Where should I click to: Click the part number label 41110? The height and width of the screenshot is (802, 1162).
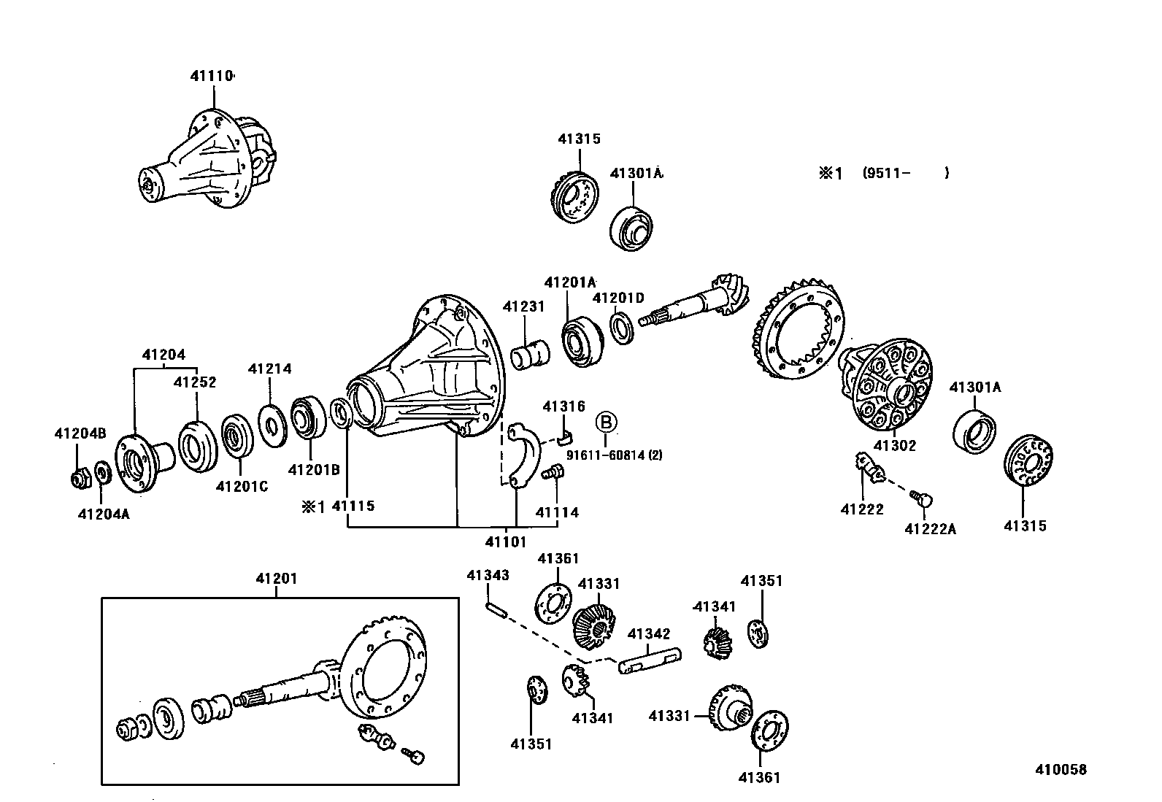pyautogui.click(x=212, y=75)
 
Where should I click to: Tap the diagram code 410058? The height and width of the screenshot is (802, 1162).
pyautogui.click(x=1060, y=770)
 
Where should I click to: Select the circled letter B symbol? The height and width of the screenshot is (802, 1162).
pyautogui.click(x=607, y=423)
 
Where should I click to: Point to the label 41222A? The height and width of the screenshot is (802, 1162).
pyautogui.click(x=930, y=529)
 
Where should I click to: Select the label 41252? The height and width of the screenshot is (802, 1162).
pyautogui.click(x=194, y=382)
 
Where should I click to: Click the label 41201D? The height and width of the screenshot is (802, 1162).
pyautogui.click(x=618, y=298)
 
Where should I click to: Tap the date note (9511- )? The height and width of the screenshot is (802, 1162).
pyautogui.click(x=905, y=173)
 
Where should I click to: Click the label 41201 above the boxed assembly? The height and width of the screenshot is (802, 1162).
pyautogui.click(x=276, y=579)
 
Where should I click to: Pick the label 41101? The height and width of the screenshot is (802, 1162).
pyautogui.click(x=505, y=541)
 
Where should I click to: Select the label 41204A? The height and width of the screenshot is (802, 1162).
pyautogui.click(x=103, y=514)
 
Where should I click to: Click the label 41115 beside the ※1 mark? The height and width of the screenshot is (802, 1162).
pyautogui.click(x=353, y=506)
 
